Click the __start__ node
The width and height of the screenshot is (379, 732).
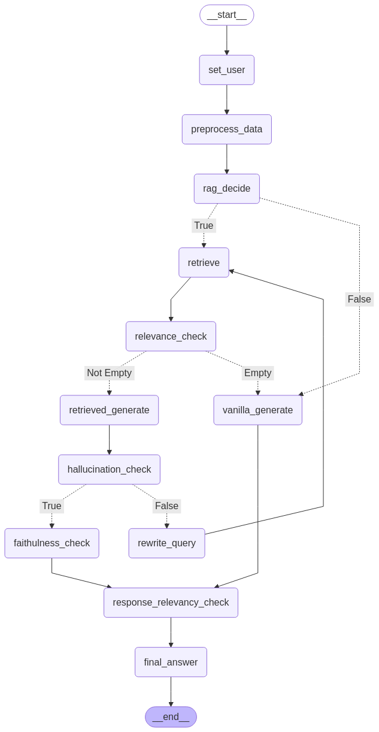(226, 16)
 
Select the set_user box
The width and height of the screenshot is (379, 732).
(226, 70)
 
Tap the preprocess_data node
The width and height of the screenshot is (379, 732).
(226, 129)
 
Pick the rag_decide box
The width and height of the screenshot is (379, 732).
(226, 189)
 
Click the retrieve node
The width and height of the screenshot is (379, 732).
(204, 262)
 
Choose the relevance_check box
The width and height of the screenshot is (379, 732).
(171, 336)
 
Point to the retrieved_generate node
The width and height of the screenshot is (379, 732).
(109, 410)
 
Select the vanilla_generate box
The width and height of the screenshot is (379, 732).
(257, 410)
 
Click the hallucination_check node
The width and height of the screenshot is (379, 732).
(109, 470)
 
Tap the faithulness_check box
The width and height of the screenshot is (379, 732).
(51, 543)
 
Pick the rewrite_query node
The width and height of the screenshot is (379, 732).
(166, 543)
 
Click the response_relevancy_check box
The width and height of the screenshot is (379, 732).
(171, 603)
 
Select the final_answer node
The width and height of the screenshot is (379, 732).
(171, 662)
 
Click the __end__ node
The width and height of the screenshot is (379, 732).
(171, 717)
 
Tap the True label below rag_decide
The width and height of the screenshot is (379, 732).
(204, 226)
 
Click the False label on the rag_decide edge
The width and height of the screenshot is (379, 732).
(359, 300)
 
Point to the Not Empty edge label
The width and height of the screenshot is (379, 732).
(109, 373)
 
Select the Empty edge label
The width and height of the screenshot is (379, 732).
(257, 373)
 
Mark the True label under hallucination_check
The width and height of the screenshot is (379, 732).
(51, 506)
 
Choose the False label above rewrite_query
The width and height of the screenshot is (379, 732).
(166, 506)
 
